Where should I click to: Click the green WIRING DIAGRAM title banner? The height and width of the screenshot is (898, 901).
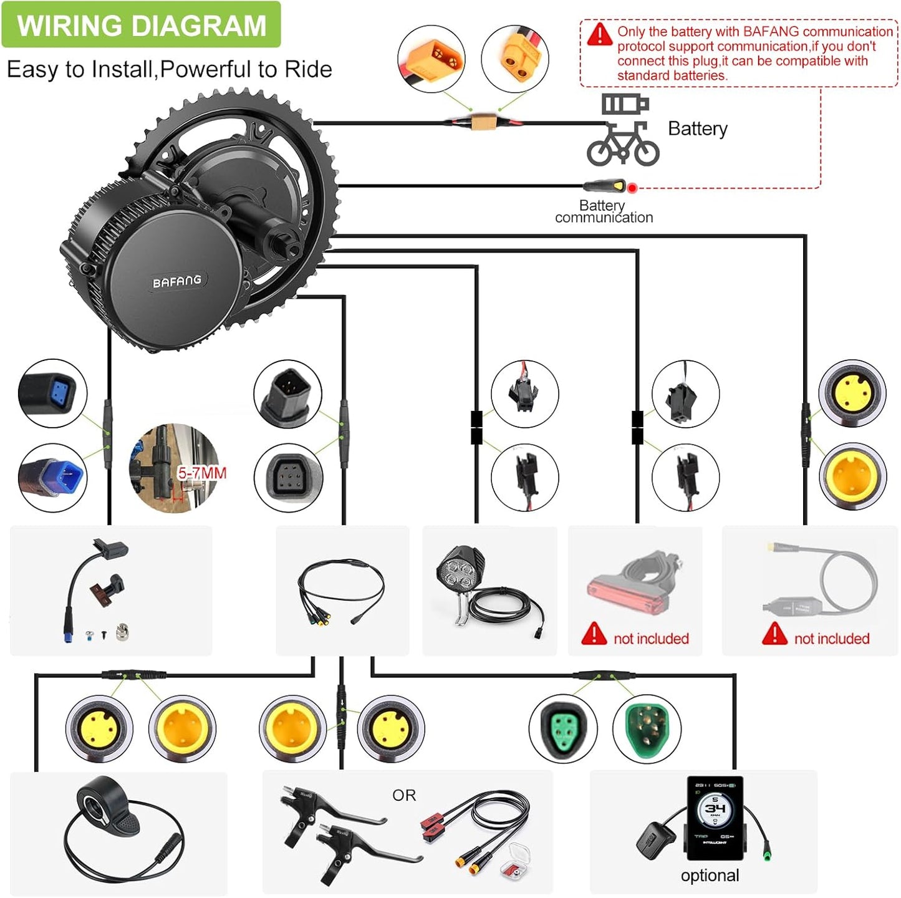141,25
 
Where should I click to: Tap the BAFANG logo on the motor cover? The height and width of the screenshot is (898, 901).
177,281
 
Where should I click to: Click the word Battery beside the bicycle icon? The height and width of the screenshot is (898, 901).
697,128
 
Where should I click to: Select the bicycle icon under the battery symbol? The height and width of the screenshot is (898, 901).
622,145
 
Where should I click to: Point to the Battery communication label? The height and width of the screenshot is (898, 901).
603,211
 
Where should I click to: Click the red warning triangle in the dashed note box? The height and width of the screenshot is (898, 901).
599,34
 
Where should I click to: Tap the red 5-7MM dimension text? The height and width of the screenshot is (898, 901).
201,473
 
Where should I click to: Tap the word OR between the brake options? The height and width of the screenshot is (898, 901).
404,795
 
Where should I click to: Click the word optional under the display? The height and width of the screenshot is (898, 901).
710,876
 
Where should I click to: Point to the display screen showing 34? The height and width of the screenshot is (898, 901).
715,811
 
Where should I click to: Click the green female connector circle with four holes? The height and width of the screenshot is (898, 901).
562,728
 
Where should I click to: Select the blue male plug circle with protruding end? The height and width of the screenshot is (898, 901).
52,478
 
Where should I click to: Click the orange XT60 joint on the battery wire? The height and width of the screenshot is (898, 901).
483,122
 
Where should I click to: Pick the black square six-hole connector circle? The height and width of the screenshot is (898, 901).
288,478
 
